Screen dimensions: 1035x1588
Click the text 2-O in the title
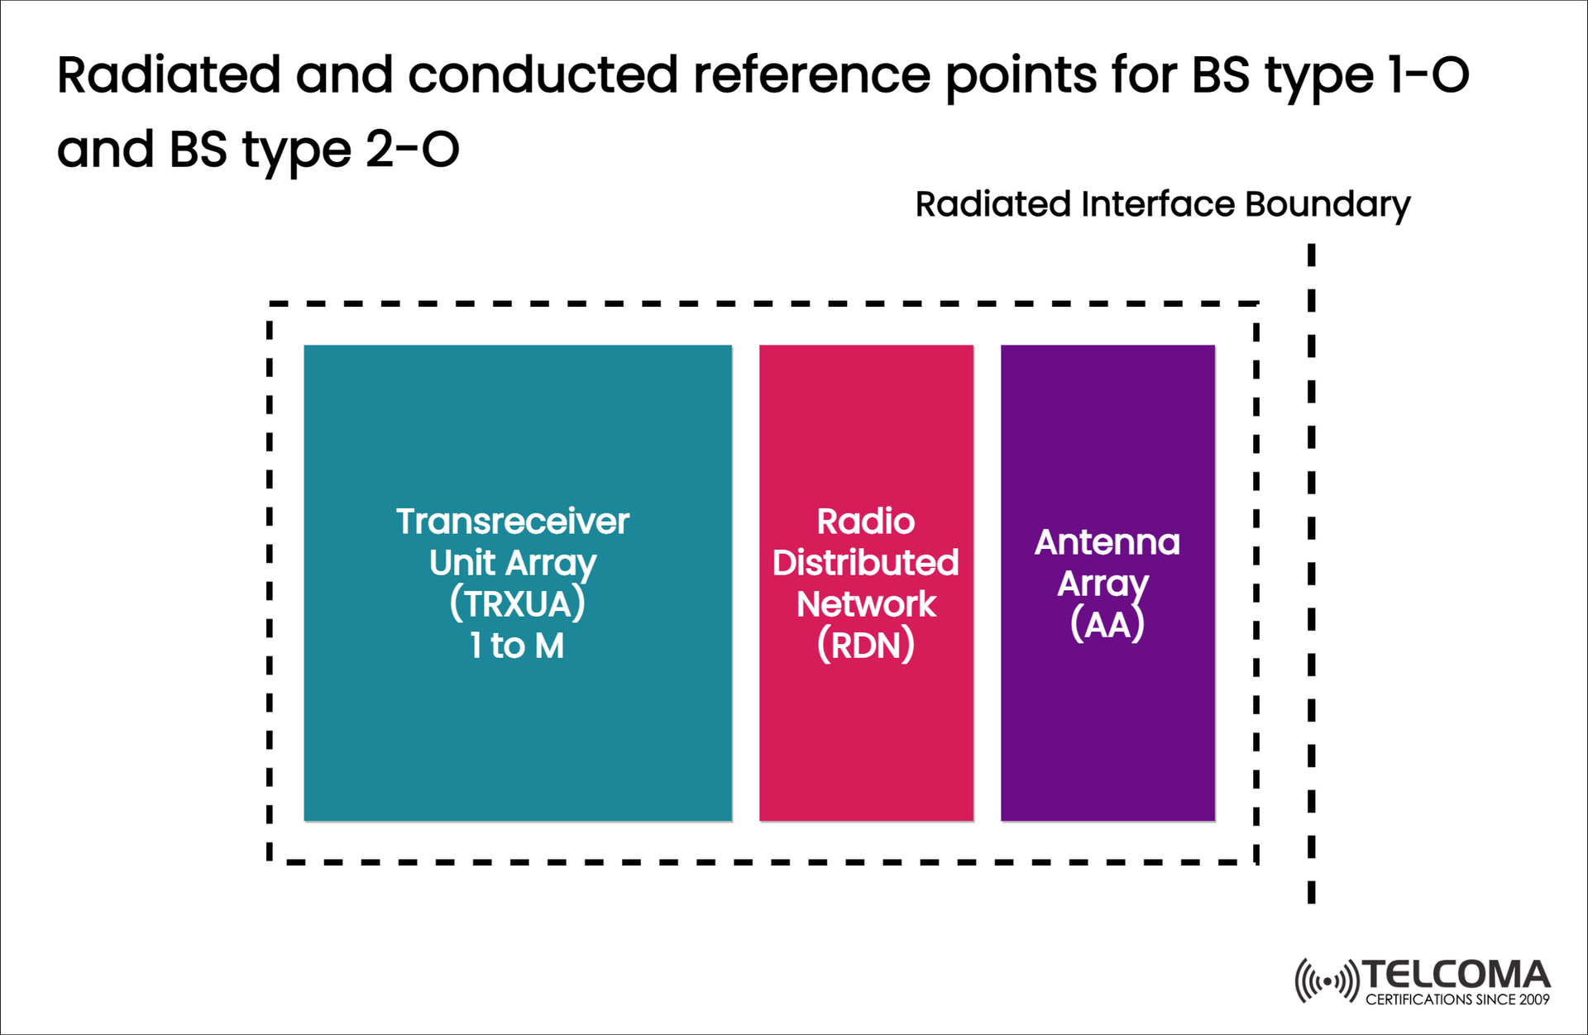click(x=412, y=150)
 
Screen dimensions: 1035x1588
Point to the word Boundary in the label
click(x=1327, y=205)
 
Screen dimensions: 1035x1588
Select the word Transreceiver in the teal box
click(x=513, y=522)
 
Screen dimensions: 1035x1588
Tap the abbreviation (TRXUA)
click(x=518, y=603)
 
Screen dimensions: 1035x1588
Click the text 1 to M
click(x=518, y=646)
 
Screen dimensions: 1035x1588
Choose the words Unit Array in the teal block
click(x=513, y=564)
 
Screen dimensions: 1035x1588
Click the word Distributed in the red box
click(x=865, y=563)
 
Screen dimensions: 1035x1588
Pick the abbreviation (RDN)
click(x=866, y=646)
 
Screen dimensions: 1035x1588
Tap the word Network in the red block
click(x=866, y=604)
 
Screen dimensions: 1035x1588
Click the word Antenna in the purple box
click(x=1107, y=542)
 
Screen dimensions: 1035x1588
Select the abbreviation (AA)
click(x=1107, y=624)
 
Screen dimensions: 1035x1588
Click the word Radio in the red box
click(x=866, y=522)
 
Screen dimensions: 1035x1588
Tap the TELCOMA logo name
click(x=1456, y=975)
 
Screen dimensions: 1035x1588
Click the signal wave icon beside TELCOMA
click(x=1327, y=981)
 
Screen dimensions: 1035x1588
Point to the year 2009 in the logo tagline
click(x=1534, y=1000)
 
